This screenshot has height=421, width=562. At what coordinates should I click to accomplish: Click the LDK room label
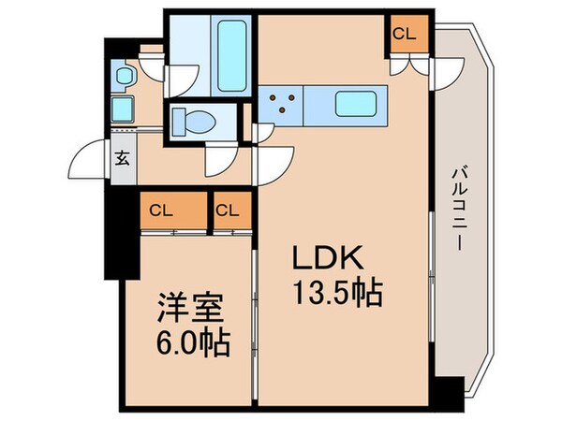point(328,258)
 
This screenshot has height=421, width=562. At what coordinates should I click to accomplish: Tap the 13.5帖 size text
point(338,293)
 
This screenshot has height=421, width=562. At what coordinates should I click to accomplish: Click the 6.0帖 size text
point(192,342)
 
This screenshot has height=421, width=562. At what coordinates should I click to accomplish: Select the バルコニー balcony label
point(459,209)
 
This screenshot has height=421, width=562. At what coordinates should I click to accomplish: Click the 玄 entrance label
point(123,158)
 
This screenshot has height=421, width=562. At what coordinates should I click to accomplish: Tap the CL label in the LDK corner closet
point(405,34)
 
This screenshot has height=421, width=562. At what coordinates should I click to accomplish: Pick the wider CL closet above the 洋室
point(161,210)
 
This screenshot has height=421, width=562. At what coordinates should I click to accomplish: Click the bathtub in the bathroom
point(232,55)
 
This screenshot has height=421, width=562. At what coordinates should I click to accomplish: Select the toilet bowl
point(194,122)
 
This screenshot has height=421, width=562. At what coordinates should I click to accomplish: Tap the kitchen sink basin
point(356,104)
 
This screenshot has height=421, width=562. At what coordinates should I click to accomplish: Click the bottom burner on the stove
point(283,109)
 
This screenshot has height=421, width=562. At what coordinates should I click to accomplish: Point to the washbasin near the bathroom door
point(125,75)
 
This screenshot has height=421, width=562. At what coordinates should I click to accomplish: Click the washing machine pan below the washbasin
point(122,109)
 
